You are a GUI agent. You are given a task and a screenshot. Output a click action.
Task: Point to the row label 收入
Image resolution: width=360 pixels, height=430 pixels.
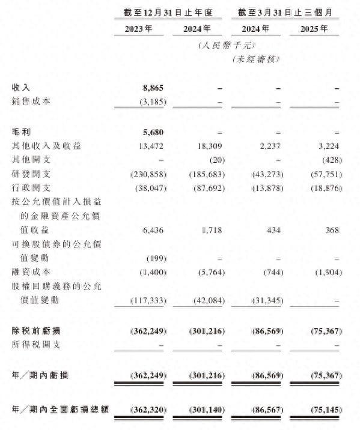tap(22, 88)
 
